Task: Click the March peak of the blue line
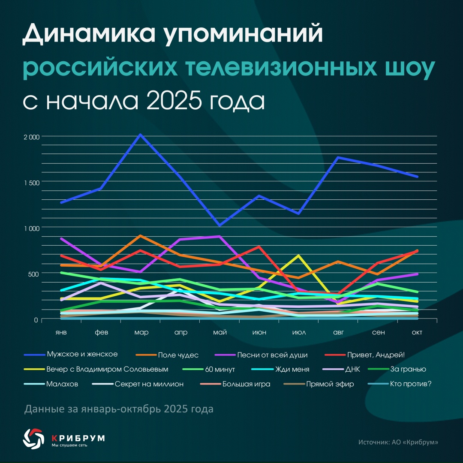coord(140,135)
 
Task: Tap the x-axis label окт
coord(417,333)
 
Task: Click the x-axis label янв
coord(61,333)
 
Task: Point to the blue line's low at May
coord(219,225)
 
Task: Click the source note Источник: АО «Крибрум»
coord(398,442)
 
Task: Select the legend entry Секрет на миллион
coord(149,384)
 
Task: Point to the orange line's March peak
coord(140,236)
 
